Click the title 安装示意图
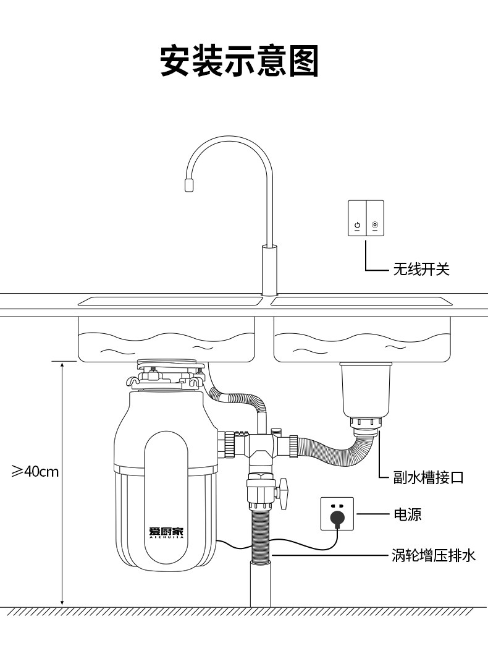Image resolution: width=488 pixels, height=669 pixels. coord(240,61)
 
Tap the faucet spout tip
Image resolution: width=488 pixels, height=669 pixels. coord(189,185)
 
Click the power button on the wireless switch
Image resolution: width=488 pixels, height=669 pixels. coord(357,225)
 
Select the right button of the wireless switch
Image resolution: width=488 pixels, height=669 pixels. coord(375,218)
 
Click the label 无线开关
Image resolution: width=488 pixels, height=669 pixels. coord(421,269)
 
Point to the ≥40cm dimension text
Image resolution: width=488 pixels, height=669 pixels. coord(35,472)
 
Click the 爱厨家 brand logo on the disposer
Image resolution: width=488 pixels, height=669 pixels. coord(166,532)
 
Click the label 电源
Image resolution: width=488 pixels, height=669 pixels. coord(408,514)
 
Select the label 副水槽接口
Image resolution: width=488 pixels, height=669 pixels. coord(428,477)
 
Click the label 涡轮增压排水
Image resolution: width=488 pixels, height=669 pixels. coord(434,555)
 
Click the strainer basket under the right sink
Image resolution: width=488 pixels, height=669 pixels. coord(366,390)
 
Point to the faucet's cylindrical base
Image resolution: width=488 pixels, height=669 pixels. coord(269,270)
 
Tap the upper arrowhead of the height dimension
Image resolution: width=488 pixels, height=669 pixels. coord(62,366)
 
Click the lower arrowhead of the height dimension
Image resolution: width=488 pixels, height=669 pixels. coord(62,601)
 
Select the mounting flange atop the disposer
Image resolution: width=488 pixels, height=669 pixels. coord(167,374)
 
